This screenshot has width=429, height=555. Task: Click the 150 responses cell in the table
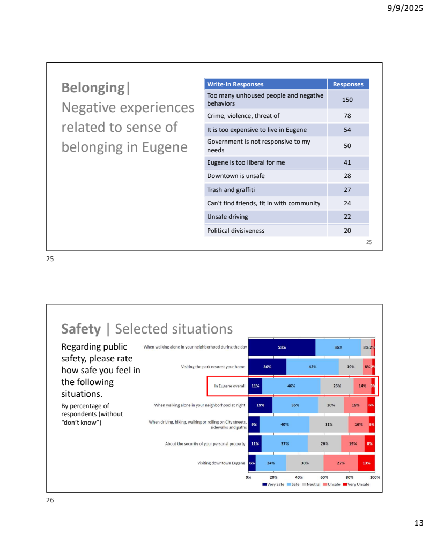click(x=347, y=100)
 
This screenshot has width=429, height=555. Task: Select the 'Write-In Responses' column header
click(x=235, y=84)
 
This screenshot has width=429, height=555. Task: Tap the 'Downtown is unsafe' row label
click(x=236, y=176)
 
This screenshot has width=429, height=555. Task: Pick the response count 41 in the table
click(x=347, y=162)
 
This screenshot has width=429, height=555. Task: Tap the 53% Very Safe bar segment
click(x=282, y=347)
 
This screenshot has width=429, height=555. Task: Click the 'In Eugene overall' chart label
click(x=230, y=386)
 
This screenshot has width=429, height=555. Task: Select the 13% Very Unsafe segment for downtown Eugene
click(x=366, y=463)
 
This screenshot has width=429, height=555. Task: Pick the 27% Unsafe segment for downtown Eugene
click(x=341, y=463)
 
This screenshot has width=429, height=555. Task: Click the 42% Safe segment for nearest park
click(x=312, y=367)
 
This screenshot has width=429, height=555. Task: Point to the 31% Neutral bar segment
click(x=328, y=424)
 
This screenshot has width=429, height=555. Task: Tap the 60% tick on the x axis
click(x=324, y=477)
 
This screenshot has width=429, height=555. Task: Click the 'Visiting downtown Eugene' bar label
click(x=221, y=463)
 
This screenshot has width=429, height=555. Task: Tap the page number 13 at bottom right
click(x=419, y=523)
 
